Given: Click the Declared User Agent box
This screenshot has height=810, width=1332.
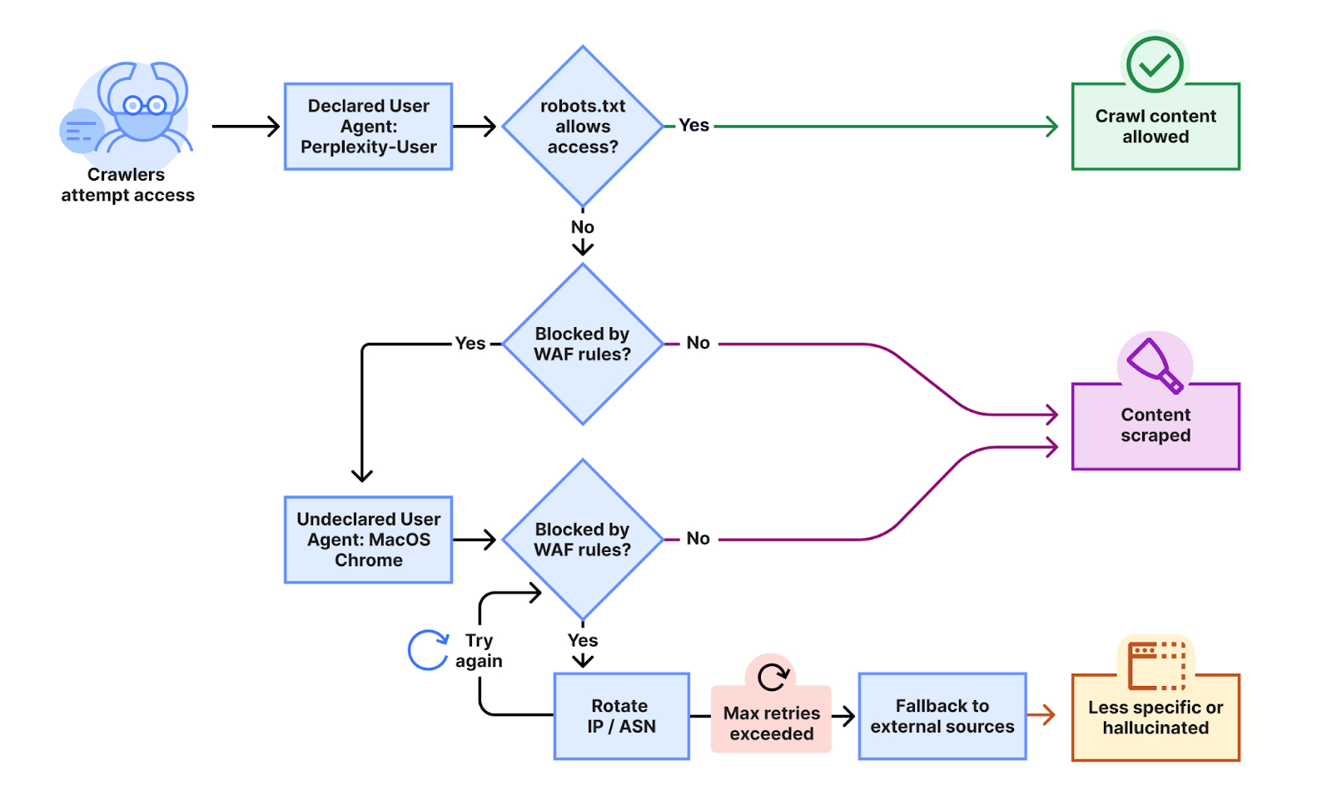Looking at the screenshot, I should [x=368, y=127].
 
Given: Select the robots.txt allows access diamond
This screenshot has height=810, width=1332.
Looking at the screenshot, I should [x=583, y=127].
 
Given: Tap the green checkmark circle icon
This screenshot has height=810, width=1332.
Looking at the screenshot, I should [x=1155, y=64].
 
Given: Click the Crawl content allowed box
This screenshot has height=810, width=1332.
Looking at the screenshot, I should [x=1156, y=127].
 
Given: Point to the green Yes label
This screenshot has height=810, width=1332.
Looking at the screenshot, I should [x=693, y=126].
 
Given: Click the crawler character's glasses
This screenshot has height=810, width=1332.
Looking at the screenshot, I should [x=144, y=106].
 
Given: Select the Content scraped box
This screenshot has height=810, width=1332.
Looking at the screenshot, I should [x=1156, y=425].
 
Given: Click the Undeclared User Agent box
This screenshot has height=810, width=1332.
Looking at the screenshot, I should [x=368, y=539].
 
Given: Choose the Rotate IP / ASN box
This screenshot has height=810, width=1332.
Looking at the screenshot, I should [x=621, y=716].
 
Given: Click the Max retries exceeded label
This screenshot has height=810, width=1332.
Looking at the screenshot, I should [x=771, y=723].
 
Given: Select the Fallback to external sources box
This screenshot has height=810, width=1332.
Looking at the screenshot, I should [x=942, y=716].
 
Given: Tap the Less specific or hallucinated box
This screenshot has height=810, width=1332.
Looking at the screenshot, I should [x=1156, y=718].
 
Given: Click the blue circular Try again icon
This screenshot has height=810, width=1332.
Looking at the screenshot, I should [x=428, y=650].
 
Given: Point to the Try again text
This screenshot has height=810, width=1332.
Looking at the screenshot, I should [x=479, y=651].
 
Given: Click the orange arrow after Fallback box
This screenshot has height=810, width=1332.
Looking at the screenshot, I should [x=1041, y=714].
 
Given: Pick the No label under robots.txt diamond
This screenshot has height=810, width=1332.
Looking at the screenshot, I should [x=583, y=227].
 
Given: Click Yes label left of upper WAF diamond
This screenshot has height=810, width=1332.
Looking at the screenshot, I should [x=470, y=344].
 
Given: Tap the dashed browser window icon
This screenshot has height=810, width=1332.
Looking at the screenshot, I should [x=1156, y=665].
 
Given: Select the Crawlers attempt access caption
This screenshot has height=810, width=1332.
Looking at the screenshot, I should [x=127, y=185].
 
